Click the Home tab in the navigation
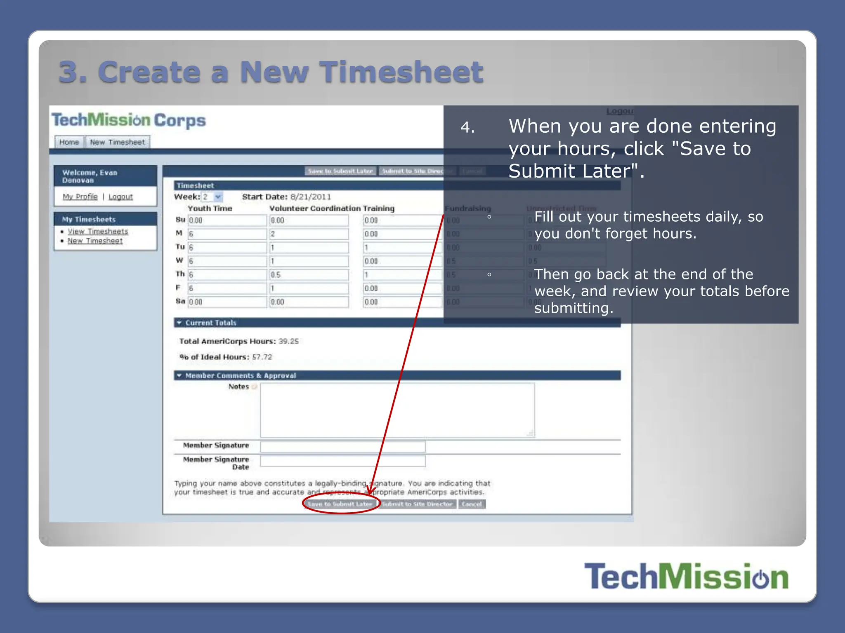tap(69, 142)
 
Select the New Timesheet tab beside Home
tap(117, 142)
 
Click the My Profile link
tap(80, 197)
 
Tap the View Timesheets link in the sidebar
tap(98, 231)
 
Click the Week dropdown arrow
tap(218, 197)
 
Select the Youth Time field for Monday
tap(227, 234)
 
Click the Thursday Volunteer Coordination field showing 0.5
tap(309, 275)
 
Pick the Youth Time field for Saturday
tap(227, 302)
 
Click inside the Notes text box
tap(397, 410)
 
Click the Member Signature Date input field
tap(342, 461)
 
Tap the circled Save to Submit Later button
tap(340, 504)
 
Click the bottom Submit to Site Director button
tap(417, 504)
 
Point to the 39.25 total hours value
tap(288, 341)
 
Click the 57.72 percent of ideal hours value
tap(262, 357)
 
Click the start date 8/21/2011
tap(310, 197)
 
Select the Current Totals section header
tap(210, 323)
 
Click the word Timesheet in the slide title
tap(401, 72)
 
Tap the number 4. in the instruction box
tap(467, 127)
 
